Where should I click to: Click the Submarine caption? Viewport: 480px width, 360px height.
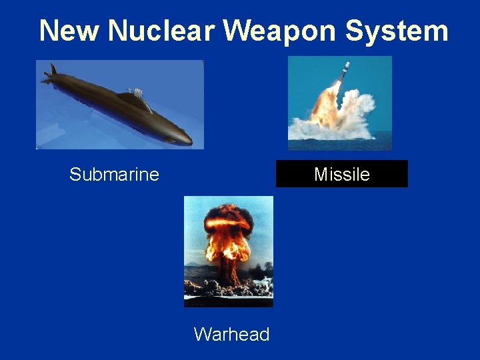(x=114, y=175)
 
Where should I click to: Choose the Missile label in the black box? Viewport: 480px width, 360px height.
(x=341, y=175)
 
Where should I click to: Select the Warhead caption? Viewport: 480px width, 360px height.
(x=231, y=334)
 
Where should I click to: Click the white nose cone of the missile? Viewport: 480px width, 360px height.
(x=347, y=65)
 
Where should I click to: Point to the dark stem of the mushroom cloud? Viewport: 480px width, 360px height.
(x=229, y=270)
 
